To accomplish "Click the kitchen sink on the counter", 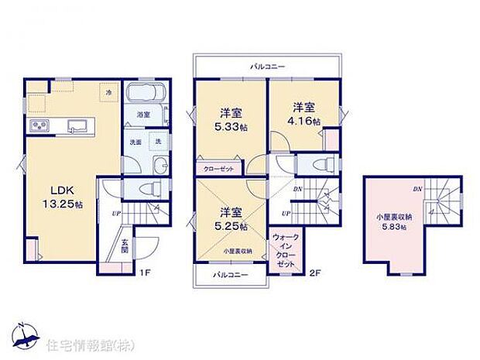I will [x=77, y=126].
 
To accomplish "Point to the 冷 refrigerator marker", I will [x=108, y=92].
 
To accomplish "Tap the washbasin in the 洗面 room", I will [x=159, y=164].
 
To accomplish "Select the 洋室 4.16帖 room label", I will [x=304, y=113].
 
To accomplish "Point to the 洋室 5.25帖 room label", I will [x=230, y=219].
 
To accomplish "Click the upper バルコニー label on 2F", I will [x=266, y=67].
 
